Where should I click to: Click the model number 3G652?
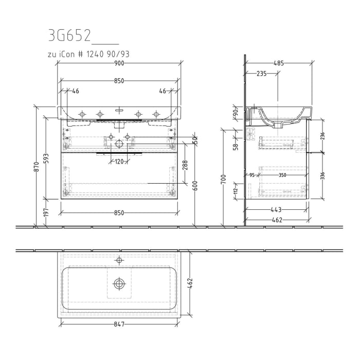tap(69, 35)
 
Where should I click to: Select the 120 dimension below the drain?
tap(119, 161)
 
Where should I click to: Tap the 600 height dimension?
tap(195, 186)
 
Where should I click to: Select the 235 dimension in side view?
tap(261, 74)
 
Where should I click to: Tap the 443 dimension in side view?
tap(277, 209)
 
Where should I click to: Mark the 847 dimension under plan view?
tap(119, 326)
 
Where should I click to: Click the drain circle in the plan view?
tap(119, 283)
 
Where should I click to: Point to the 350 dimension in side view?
tap(281, 175)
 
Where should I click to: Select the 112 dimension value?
tap(236, 191)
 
